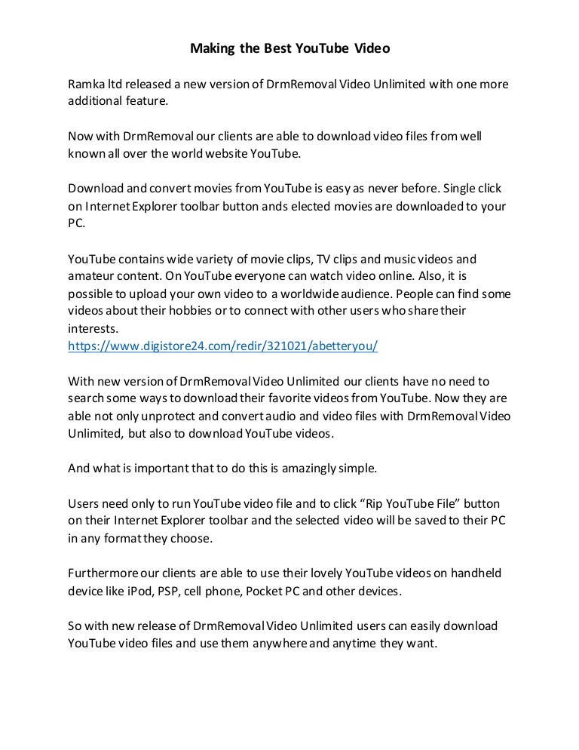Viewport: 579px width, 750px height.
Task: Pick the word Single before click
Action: click(x=462, y=187)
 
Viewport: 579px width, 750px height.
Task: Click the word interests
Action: click(x=93, y=328)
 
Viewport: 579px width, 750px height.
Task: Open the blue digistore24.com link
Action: click(x=222, y=345)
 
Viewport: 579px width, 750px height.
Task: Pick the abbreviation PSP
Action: click(x=167, y=590)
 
